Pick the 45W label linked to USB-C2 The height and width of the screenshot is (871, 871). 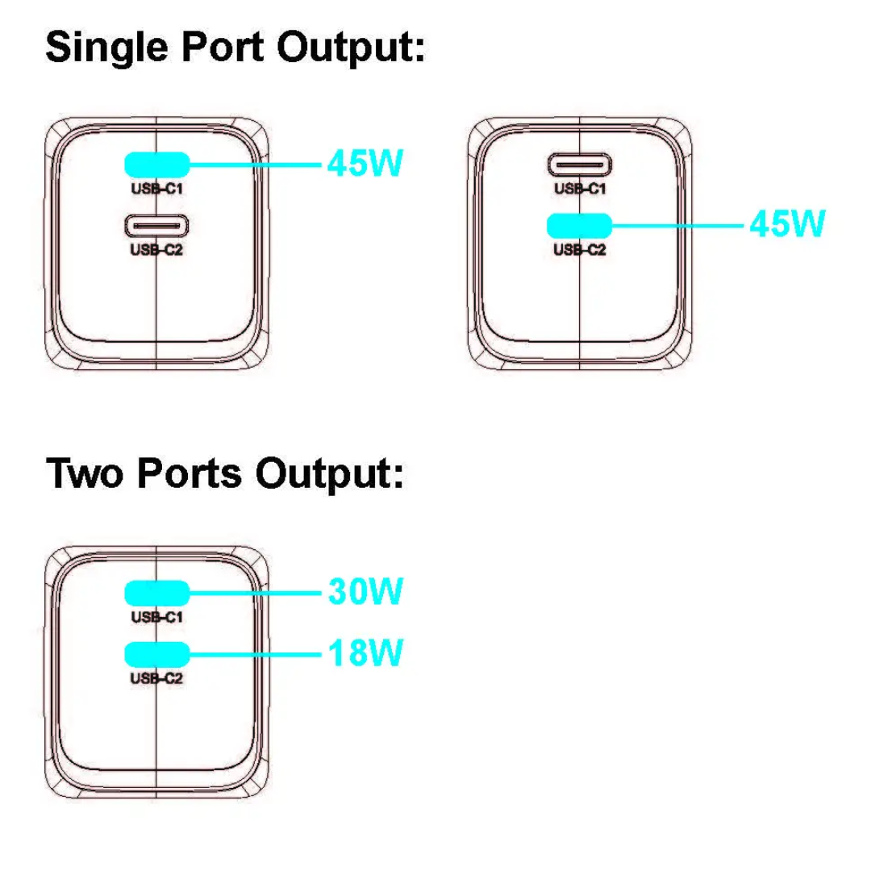coord(786,223)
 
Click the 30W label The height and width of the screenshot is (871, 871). coord(365,593)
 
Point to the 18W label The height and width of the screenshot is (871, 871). coord(365,652)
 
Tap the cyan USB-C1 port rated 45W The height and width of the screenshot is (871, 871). coord(156,165)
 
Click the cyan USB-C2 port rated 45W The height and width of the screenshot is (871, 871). coord(579,223)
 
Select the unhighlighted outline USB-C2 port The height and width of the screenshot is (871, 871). coord(156,224)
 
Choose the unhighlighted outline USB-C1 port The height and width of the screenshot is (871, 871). coord(579,165)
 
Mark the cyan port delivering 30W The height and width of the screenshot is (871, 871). coord(156,594)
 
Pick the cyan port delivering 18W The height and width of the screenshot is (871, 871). coord(156,652)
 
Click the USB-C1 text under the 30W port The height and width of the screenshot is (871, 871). coord(156,618)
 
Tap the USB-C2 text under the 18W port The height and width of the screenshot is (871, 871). coord(156,678)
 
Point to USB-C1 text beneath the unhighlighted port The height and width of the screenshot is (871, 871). coord(579,189)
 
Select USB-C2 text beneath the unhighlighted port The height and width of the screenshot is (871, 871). coord(156,249)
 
